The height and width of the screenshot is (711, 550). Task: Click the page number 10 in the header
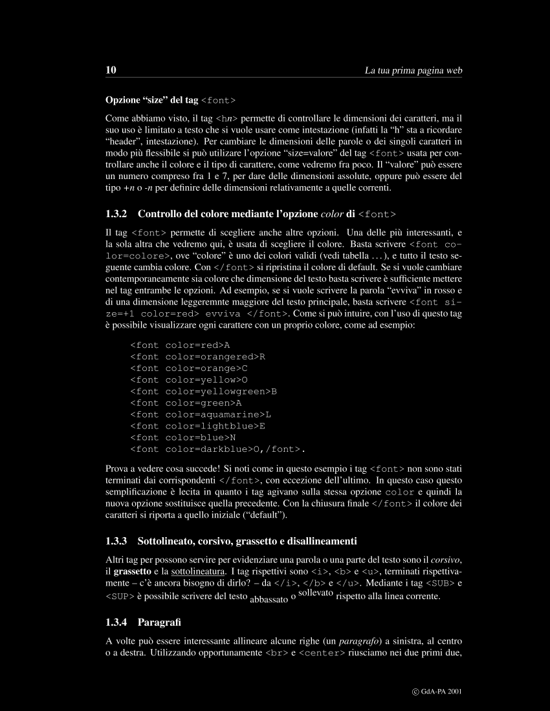(x=110, y=70)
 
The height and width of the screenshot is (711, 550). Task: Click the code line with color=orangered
(x=198, y=356)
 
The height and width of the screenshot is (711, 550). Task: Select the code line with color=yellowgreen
(x=204, y=391)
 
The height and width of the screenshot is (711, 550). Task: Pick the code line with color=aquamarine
(x=201, y=414)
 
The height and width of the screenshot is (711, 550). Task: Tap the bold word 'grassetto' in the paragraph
(x=133, y=571)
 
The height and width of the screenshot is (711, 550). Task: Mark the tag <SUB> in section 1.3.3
(x=438, y=583)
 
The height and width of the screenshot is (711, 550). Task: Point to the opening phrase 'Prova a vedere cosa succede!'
(x=164, y=468)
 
